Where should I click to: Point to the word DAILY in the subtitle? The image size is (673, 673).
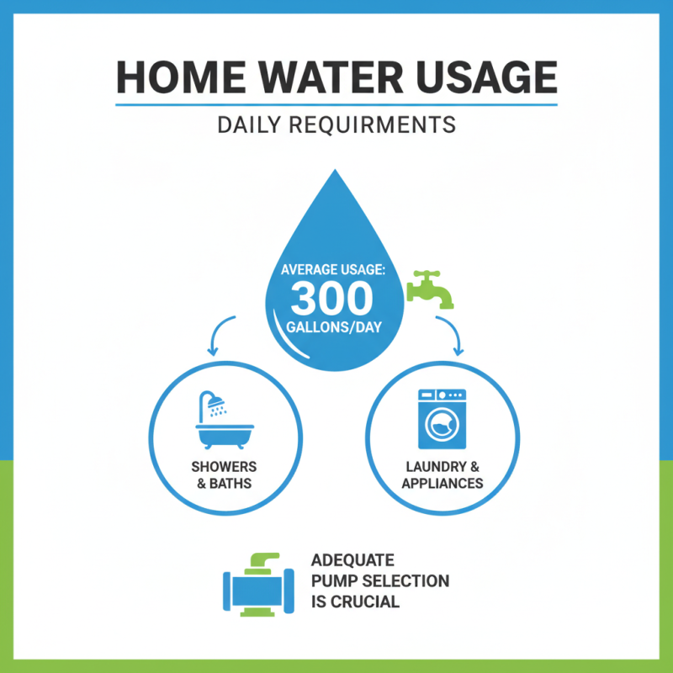(x=250, y=125)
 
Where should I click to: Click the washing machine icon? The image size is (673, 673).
(x=442, y=418)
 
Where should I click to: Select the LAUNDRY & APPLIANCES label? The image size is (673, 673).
(x=442, y=474)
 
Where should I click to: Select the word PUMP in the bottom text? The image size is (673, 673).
(x=333, y=581)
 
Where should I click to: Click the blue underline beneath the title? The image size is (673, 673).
(x=336, y=105)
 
